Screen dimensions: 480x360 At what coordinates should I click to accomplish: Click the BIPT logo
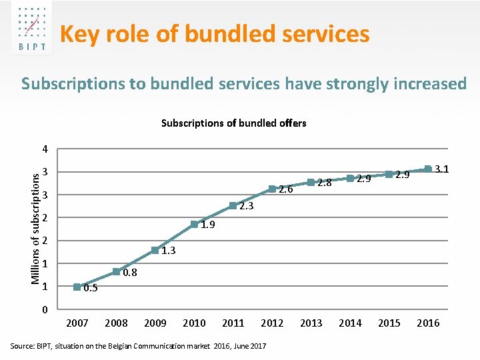[32, 28]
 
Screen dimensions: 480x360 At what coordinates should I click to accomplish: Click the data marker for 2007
[77, 287]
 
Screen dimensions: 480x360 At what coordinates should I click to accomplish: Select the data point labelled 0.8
[116, 271]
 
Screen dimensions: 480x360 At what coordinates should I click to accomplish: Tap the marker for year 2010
[194, 225]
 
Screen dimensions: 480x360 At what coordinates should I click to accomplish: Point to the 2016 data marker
[428, 169]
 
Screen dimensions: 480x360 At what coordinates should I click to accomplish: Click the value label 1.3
[169, 251]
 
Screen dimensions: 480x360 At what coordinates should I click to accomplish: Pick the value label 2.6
[285, 189]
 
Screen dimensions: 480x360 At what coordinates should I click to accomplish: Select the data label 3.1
[442, 169]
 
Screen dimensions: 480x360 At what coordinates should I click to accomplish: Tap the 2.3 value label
[247, 206]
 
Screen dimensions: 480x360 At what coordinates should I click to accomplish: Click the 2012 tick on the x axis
[272, 323]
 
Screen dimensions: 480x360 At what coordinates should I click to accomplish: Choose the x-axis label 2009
[155, 323]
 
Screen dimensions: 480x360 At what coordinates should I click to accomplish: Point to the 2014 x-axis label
[350, 323]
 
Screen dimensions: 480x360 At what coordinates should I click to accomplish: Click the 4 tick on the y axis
[45, 149]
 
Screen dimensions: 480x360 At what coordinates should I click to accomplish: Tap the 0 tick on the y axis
[45, 309]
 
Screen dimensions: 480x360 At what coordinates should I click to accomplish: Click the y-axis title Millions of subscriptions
[35, 229]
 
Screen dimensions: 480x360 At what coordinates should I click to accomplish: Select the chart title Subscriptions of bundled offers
[234, 123]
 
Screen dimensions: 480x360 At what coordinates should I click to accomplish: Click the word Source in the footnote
[22, 346]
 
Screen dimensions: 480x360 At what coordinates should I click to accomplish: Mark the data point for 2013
[311, 183]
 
